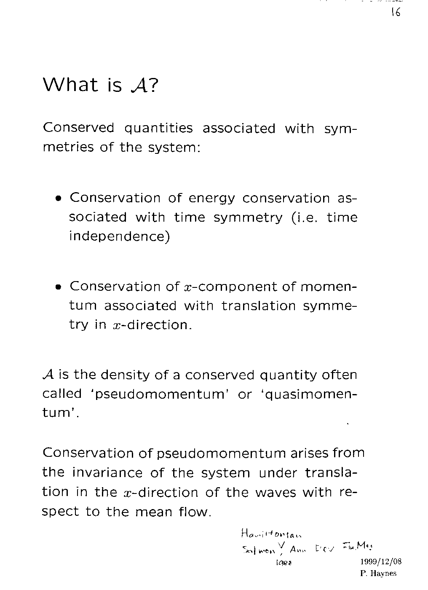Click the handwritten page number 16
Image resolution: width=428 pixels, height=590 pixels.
[x=395, y=12]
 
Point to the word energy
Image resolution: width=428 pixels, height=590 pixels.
[x=211, y=198]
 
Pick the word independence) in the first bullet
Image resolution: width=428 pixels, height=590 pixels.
[x=119, y=236]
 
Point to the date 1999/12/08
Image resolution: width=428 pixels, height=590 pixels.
[x=381, y=562]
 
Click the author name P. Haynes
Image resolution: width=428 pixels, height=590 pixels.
[x=378, y=573]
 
